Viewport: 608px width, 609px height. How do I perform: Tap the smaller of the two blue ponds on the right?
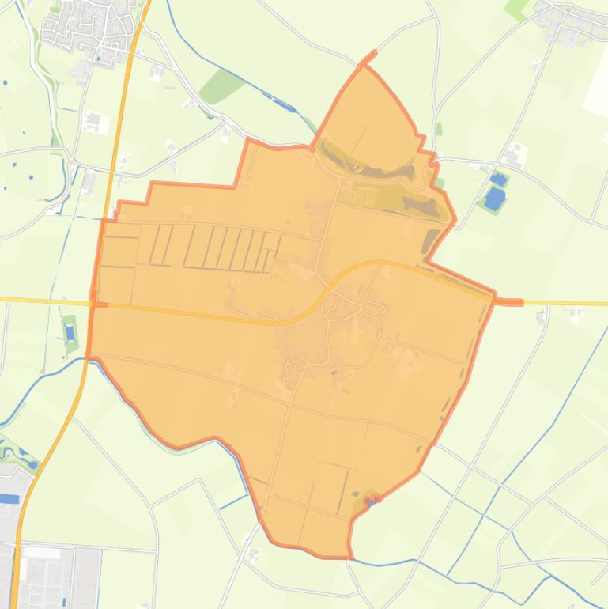point(497,180)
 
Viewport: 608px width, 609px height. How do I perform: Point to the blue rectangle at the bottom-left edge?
point(9,499)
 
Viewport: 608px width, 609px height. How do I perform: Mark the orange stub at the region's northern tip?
point(368,59)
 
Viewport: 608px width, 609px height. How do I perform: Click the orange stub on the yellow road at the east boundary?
point(509,302)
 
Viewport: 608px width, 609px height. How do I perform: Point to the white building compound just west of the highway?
point(94,123)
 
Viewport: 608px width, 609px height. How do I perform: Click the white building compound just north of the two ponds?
point(516,154)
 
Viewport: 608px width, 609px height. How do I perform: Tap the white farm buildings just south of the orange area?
point(252,554)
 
